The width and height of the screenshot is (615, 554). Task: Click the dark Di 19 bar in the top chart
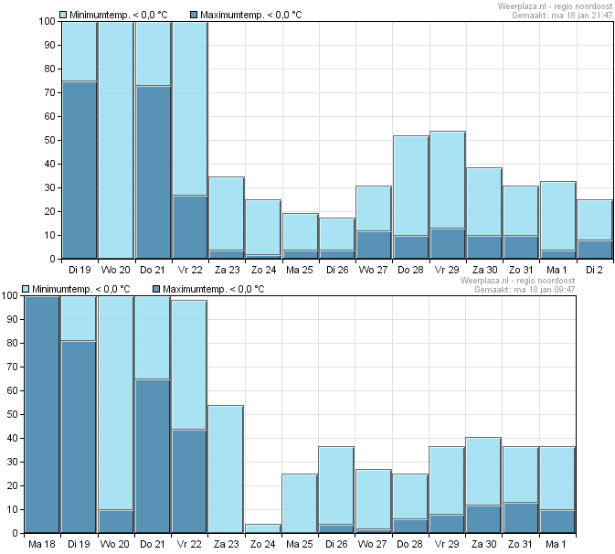[x=80, y=170]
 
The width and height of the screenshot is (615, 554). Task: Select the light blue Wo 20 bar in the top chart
[x=116, y=140]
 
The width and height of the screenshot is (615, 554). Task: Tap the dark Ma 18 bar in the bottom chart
[x=42, y=414]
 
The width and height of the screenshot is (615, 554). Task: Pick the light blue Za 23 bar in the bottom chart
[x=226, y=469]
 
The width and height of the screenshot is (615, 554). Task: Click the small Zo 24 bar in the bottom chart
[x=263, y=528]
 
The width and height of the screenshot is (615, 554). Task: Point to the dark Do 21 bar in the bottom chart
[x=153, y=456]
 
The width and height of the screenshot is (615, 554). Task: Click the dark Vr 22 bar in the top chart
[x=190, y=227]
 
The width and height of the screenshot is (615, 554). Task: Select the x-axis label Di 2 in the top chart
[x=594, y=270]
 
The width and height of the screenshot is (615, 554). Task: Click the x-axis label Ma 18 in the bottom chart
[x=42, y=544]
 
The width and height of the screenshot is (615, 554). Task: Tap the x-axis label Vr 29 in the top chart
[x=447, y=270]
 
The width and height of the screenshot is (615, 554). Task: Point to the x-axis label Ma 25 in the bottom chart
[x=300, y=544]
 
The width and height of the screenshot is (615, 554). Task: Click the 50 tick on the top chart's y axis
[x=50, y=140]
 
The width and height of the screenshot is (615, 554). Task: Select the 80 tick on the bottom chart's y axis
[x=12, y=343]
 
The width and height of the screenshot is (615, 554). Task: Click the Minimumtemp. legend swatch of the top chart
[x=63, y=15]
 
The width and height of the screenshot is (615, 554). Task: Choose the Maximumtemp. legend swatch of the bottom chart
[x=156, y=289]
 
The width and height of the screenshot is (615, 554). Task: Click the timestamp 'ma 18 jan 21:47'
[x=582, y=16]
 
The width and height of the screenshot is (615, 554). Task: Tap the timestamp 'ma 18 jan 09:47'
[x=545, y=290]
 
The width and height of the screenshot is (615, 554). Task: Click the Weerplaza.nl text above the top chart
[x=522, y=6]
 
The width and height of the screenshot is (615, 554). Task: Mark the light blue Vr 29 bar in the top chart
[x=448, y=180]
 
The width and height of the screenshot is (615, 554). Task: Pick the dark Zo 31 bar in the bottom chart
[x=521, y=518]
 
